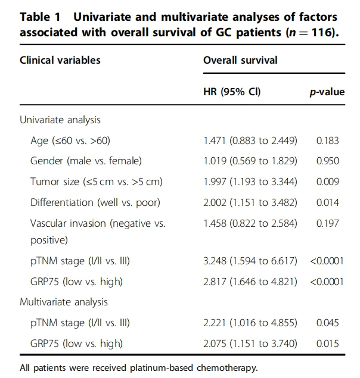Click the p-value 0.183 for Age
point(328,140)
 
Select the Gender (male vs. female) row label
point(86,161)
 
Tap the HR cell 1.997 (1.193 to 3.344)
point(250,182)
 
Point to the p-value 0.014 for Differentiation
point(328,202)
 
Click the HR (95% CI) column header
point(232,92)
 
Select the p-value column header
point(327,92)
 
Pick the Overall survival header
point(240,60)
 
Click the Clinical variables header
point(60,60)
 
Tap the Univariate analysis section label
point(60,120)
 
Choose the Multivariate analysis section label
point(64,302)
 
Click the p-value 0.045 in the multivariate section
point(328,323)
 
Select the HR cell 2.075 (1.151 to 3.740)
point(250,343)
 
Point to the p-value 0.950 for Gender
point(328,161)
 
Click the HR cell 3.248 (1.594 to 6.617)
point(250,261)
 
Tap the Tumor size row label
point(97,182)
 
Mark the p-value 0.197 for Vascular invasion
point(328,223)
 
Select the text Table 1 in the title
point(40,17)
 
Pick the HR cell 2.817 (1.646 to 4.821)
point(250,282)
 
